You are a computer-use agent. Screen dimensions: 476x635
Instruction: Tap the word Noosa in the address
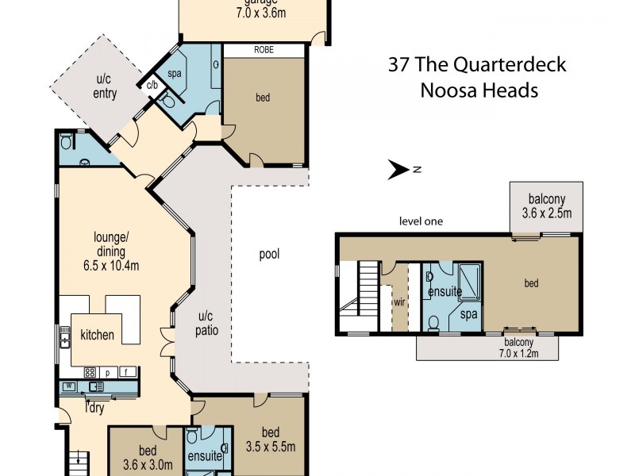tap(448, 90)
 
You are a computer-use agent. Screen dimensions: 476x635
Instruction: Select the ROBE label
tap(264, 49)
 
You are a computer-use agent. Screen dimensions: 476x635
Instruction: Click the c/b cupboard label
tap(151, 86)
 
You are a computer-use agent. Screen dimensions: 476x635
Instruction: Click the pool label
tap(269, 255)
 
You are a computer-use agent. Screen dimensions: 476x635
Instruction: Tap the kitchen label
tap(97, 335)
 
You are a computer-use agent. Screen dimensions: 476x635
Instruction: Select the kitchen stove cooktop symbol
tap(90, 371)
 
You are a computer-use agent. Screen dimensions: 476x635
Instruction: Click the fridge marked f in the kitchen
tap(125, 371)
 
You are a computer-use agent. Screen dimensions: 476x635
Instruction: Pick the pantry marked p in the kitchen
tap(108, 371)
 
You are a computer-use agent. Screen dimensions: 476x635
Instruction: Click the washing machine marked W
tap(69, 387)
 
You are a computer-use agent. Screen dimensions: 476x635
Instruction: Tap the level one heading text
tap(421, 221)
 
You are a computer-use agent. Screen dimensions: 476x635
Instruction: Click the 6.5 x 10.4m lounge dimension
tap(112, 265)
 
